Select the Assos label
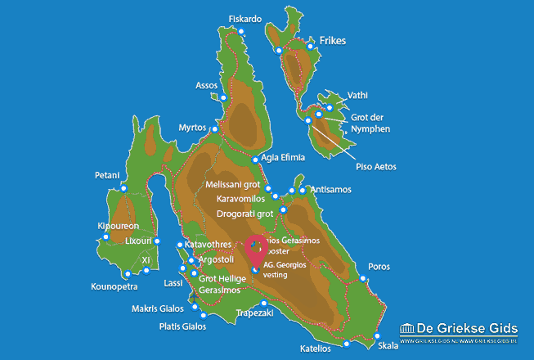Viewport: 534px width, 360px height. (x=207, y=85)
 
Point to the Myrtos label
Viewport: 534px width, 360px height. (x=193, y=128)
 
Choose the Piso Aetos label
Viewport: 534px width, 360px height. (x=376, y=167)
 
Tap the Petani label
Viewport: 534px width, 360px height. (x=106, y=175)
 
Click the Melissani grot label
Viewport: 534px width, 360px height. (x=235, y=185)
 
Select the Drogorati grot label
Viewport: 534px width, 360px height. (x=245, y=214)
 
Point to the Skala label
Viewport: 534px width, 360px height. (x=389, y=345)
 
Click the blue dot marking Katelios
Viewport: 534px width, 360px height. (x=347, y=344)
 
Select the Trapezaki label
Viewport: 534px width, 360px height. (x=253, y=313)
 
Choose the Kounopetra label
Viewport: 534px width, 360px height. (x=113, y=287)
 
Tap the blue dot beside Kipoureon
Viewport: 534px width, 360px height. (x=105, y=237)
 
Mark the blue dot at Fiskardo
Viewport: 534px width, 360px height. (x=241, y=32)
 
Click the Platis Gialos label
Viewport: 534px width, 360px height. (x=182, y=326)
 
